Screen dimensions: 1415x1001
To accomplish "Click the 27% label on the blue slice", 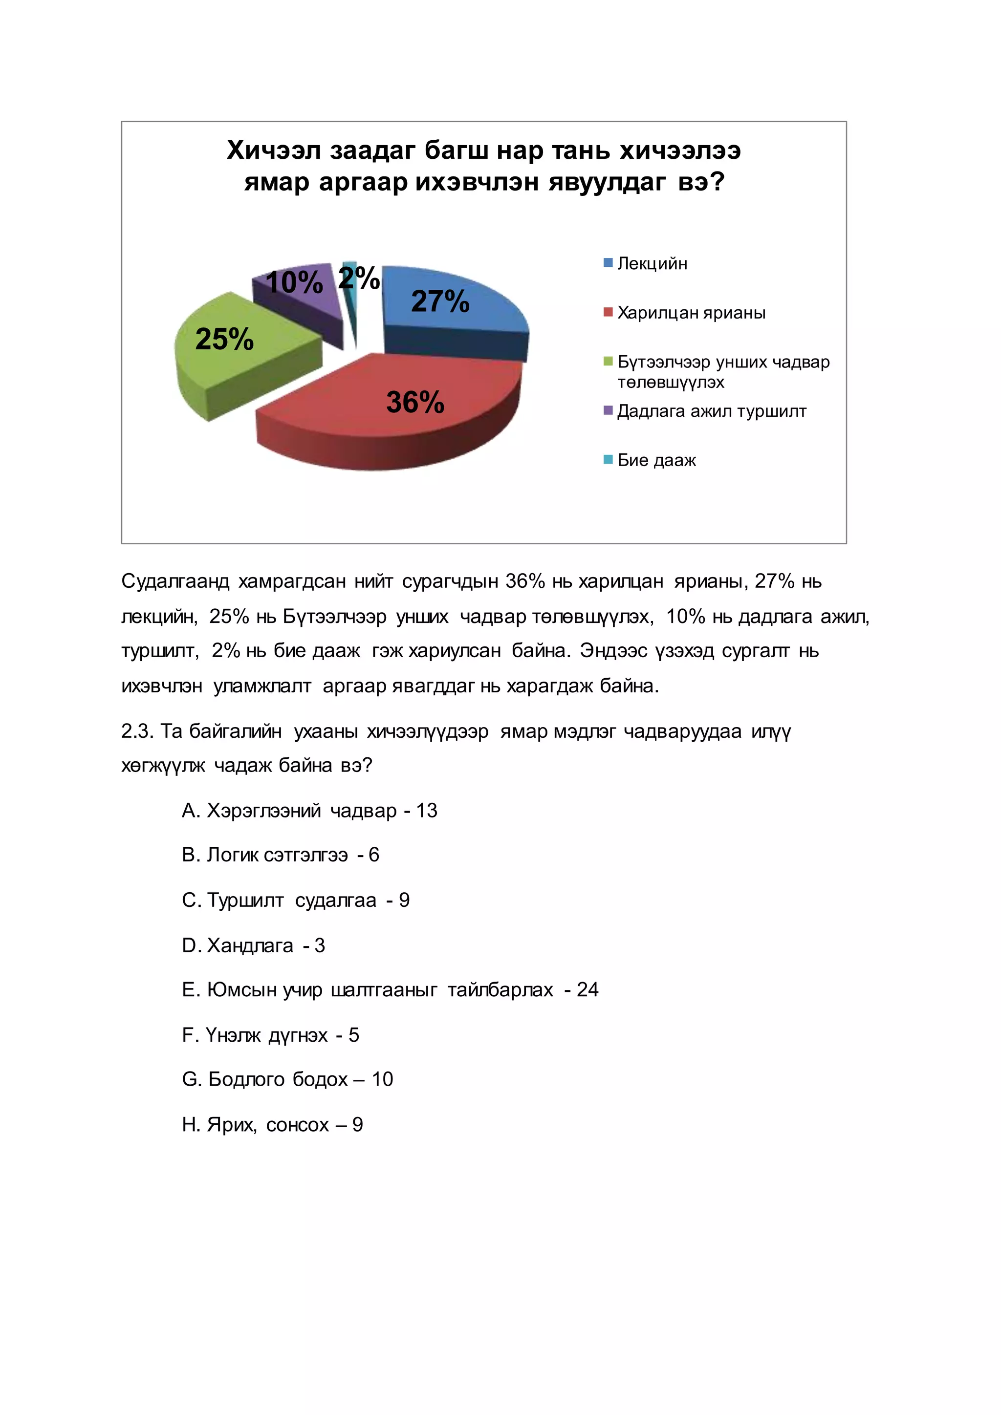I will pyautogui.click(x=440, y=301).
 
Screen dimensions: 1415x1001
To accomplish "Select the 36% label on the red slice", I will pyautogui.click(x=415, y=403).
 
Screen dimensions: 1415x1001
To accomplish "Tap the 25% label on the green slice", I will pyautogui.click(x=224, y=339).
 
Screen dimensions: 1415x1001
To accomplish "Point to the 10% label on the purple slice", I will pyautogui.click(x=294, y=283).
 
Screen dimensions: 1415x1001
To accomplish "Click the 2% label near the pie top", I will pyautogui.click(x=359, y=278).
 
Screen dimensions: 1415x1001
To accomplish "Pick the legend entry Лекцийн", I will pyautogui.click(x=652, y=264).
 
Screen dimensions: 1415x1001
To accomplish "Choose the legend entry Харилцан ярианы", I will pyautogui.click(x=691, y=313).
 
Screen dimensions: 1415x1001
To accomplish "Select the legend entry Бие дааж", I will pyautogui.click(x=656, y=460).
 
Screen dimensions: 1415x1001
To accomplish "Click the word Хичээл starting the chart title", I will pyautogui.click(x=273, y=150).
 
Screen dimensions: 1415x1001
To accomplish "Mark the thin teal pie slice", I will pyautogui.click(x=350, y=290).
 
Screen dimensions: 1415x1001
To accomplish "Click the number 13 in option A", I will pyautogui.click(x=427, y=811).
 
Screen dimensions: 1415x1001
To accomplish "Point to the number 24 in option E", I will pyautogui.click(x=588, y=990).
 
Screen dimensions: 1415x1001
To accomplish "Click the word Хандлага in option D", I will pyautogui.click(x=250, y=945).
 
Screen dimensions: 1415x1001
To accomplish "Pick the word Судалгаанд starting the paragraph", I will pyautogui.click(x=175, y=581).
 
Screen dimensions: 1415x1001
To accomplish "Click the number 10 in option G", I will pyautogui.click(x=382, y=1079).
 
